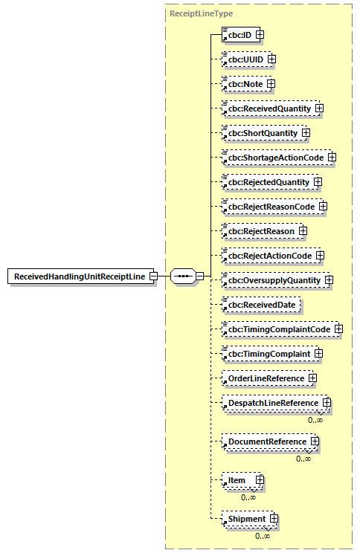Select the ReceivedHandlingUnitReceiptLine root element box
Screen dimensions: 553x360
80,276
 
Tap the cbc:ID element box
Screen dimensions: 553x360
238,34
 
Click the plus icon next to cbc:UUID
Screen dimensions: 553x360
271,59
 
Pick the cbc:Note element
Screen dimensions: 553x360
244,83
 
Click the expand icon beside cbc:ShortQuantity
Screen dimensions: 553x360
305,133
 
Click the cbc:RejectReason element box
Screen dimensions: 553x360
260,231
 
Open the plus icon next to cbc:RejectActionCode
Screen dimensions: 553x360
321,256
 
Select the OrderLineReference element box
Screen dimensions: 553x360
265,378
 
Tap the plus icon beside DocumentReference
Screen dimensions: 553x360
315,442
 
